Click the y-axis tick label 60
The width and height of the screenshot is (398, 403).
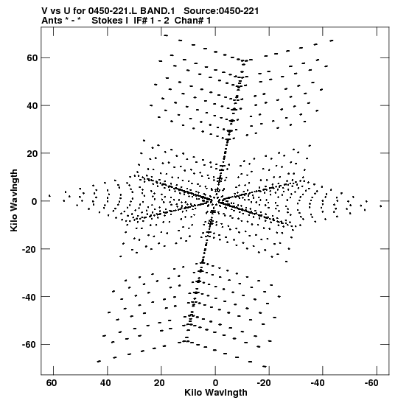coord(32,58)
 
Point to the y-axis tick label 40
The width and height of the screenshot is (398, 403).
coord(32,105)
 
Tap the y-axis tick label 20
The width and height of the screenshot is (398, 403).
coord(32,153)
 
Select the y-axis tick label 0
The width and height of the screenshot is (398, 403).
coord(35,201)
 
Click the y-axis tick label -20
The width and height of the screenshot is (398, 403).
coord(29,249)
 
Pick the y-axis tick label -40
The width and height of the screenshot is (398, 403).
coord(29,297)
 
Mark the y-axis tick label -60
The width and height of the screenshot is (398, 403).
coord(29,345)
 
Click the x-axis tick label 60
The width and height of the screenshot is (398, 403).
coord(52,383)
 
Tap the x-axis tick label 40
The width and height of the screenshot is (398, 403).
coord(105,383)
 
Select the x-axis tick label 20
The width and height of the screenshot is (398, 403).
coord(160,383)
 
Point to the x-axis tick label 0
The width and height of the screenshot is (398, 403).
coord(215,383)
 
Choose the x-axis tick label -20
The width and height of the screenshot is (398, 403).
coord(264,383)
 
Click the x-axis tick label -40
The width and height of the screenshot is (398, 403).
coord(318,383)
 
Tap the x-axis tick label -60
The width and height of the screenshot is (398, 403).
coord(371,383)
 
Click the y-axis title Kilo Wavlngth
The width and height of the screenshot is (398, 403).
coord(14,200)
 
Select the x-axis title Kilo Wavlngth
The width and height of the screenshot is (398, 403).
coord(216,393)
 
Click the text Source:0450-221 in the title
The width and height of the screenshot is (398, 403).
coord(221,11)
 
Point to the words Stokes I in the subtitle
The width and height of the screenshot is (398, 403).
coord(110,21)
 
